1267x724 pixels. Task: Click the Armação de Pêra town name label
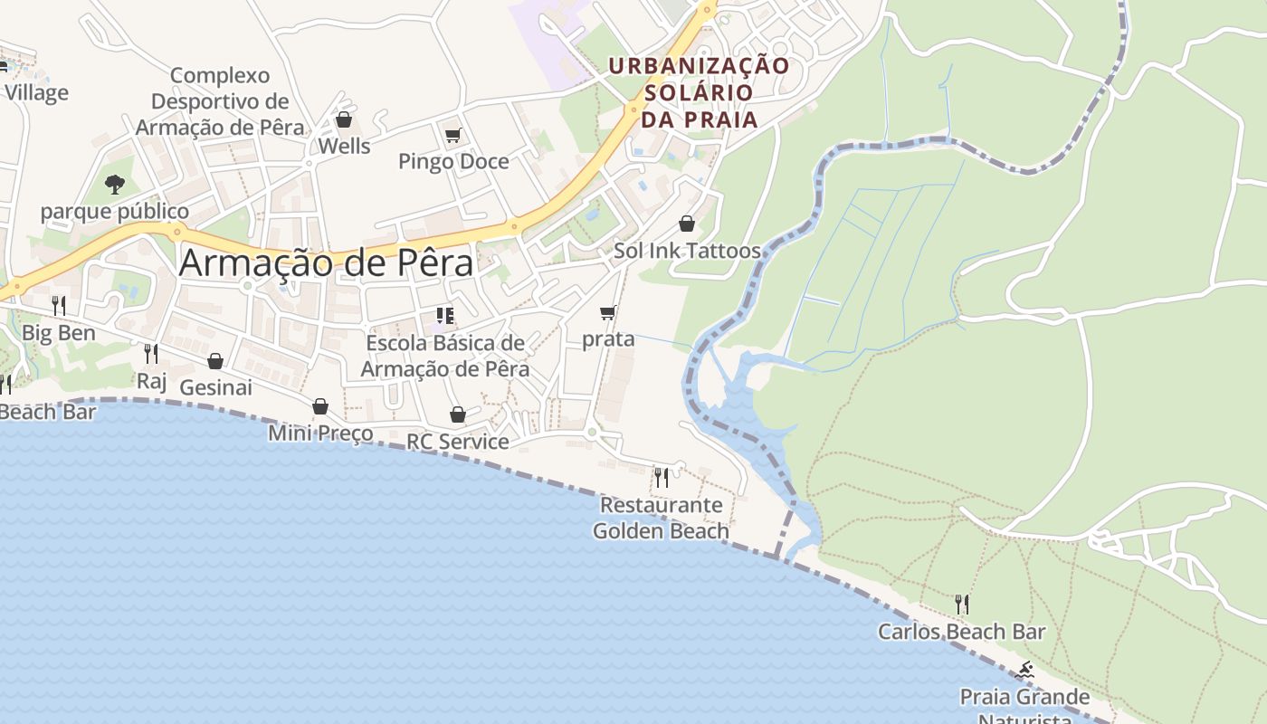(x=326, y=262)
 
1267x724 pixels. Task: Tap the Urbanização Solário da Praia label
(x=699, y=92)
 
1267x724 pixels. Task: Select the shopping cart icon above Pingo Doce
(x=452, y=136)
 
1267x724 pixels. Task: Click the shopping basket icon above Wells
(x=344, y=119)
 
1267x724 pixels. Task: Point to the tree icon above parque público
(x=114, y=185)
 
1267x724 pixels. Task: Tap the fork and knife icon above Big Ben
(x=59, y=305)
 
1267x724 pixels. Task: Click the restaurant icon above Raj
(x=151, y=353)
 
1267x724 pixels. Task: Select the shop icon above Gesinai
(x=215, y=361)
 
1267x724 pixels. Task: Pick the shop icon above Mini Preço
(x=320, y=406)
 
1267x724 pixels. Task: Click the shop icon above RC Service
(x=458, y=414)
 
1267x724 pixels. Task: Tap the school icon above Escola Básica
(x=444, y=316)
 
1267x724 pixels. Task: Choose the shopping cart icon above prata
(x=608, y=313)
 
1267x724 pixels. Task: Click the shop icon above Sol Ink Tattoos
(x=687, y=224)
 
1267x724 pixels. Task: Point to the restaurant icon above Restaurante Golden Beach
(x=662, y=476)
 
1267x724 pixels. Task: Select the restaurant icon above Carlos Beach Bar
(x=962, y=604)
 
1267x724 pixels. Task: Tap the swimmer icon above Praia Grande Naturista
(x=1024, y=671)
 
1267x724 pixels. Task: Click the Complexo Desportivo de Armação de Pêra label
(x=220, y=101)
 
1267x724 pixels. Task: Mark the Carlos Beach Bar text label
(x=962, y=632)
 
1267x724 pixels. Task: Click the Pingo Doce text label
(x=453, y=162)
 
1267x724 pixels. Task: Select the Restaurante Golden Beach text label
(x=661, y=518)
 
